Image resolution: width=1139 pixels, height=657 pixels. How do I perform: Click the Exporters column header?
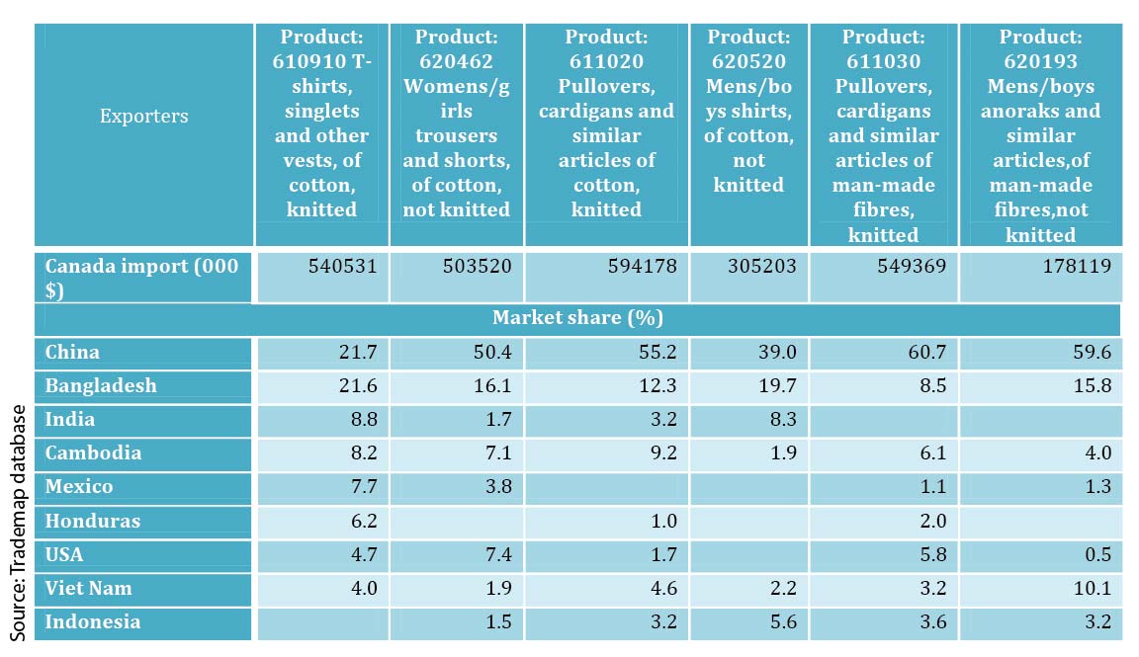[143, 117]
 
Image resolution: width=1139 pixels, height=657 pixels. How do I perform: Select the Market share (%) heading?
[577, 318]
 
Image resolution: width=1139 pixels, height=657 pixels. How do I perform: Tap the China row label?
[73, 353]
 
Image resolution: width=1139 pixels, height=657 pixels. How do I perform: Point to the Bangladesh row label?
[101, 386]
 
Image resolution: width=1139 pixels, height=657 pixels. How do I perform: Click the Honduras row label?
[93, 521]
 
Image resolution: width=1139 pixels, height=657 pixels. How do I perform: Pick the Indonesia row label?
[93, 622]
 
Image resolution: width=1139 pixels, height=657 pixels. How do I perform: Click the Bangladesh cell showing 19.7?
[776, 386]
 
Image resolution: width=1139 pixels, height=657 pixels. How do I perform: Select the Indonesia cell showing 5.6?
[780, 622]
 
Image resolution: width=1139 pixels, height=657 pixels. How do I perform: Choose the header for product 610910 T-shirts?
[321, 123]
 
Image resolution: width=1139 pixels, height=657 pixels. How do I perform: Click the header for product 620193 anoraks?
[1040, 135]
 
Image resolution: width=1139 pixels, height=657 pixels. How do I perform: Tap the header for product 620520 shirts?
[748, 111]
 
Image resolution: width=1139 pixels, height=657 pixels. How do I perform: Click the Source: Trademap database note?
[19, 521]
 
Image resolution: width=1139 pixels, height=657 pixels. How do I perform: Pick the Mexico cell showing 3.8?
[495, 487]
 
